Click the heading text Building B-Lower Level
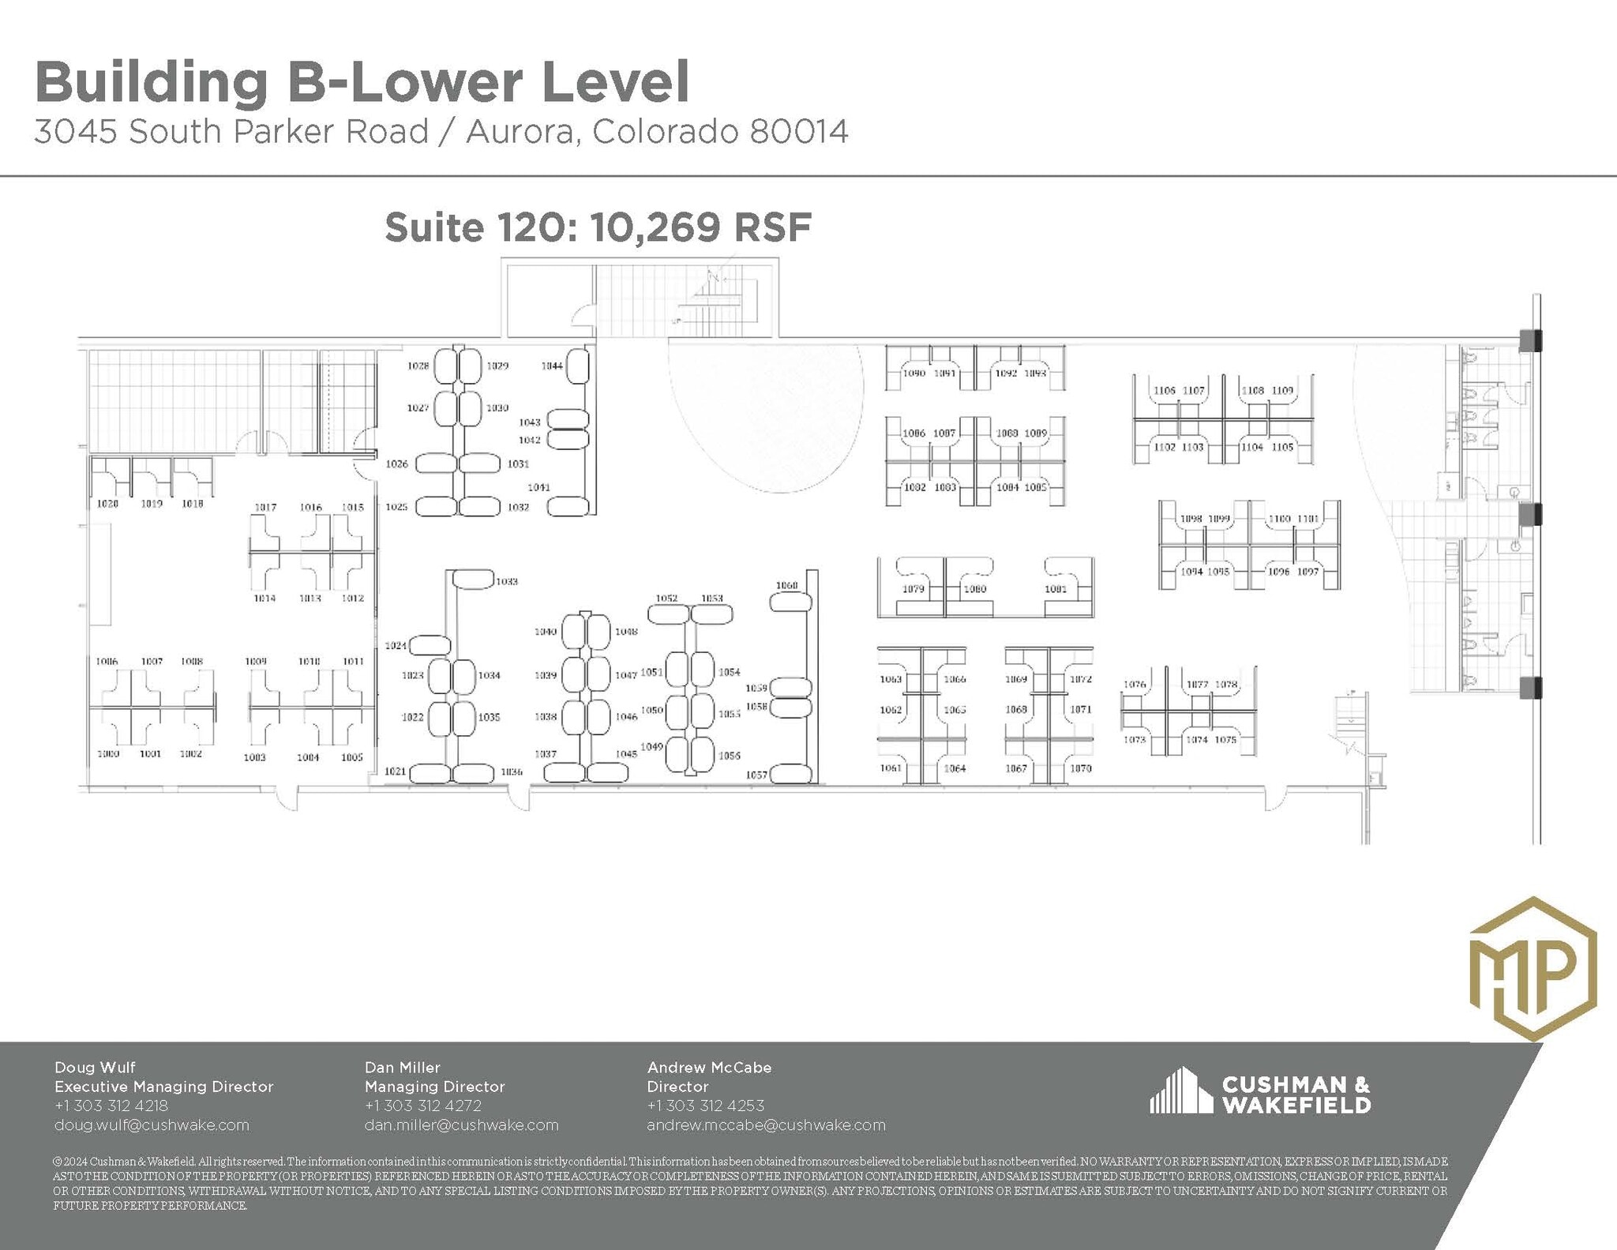coord(362,82)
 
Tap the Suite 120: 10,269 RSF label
coord(598,228)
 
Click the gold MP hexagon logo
coord(1533,969)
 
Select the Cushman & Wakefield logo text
coord(1296,1094)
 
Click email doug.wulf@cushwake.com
coord(152,1124)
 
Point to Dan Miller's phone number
coord(423,1105)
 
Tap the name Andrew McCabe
coord(709,1068)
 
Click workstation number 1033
coord(507,581)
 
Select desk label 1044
coord(552,366)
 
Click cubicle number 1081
coord(1056,589)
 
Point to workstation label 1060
coord(786,586)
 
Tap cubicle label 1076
coord(1135,685)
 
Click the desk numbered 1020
coord(107,504)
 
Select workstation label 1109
coord(1282,390)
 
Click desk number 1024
coord(396,646)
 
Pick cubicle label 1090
coord(914,373)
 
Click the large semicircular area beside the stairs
coord(766,411)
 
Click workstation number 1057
coord(756,775)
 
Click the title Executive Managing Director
coord(163,1087)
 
